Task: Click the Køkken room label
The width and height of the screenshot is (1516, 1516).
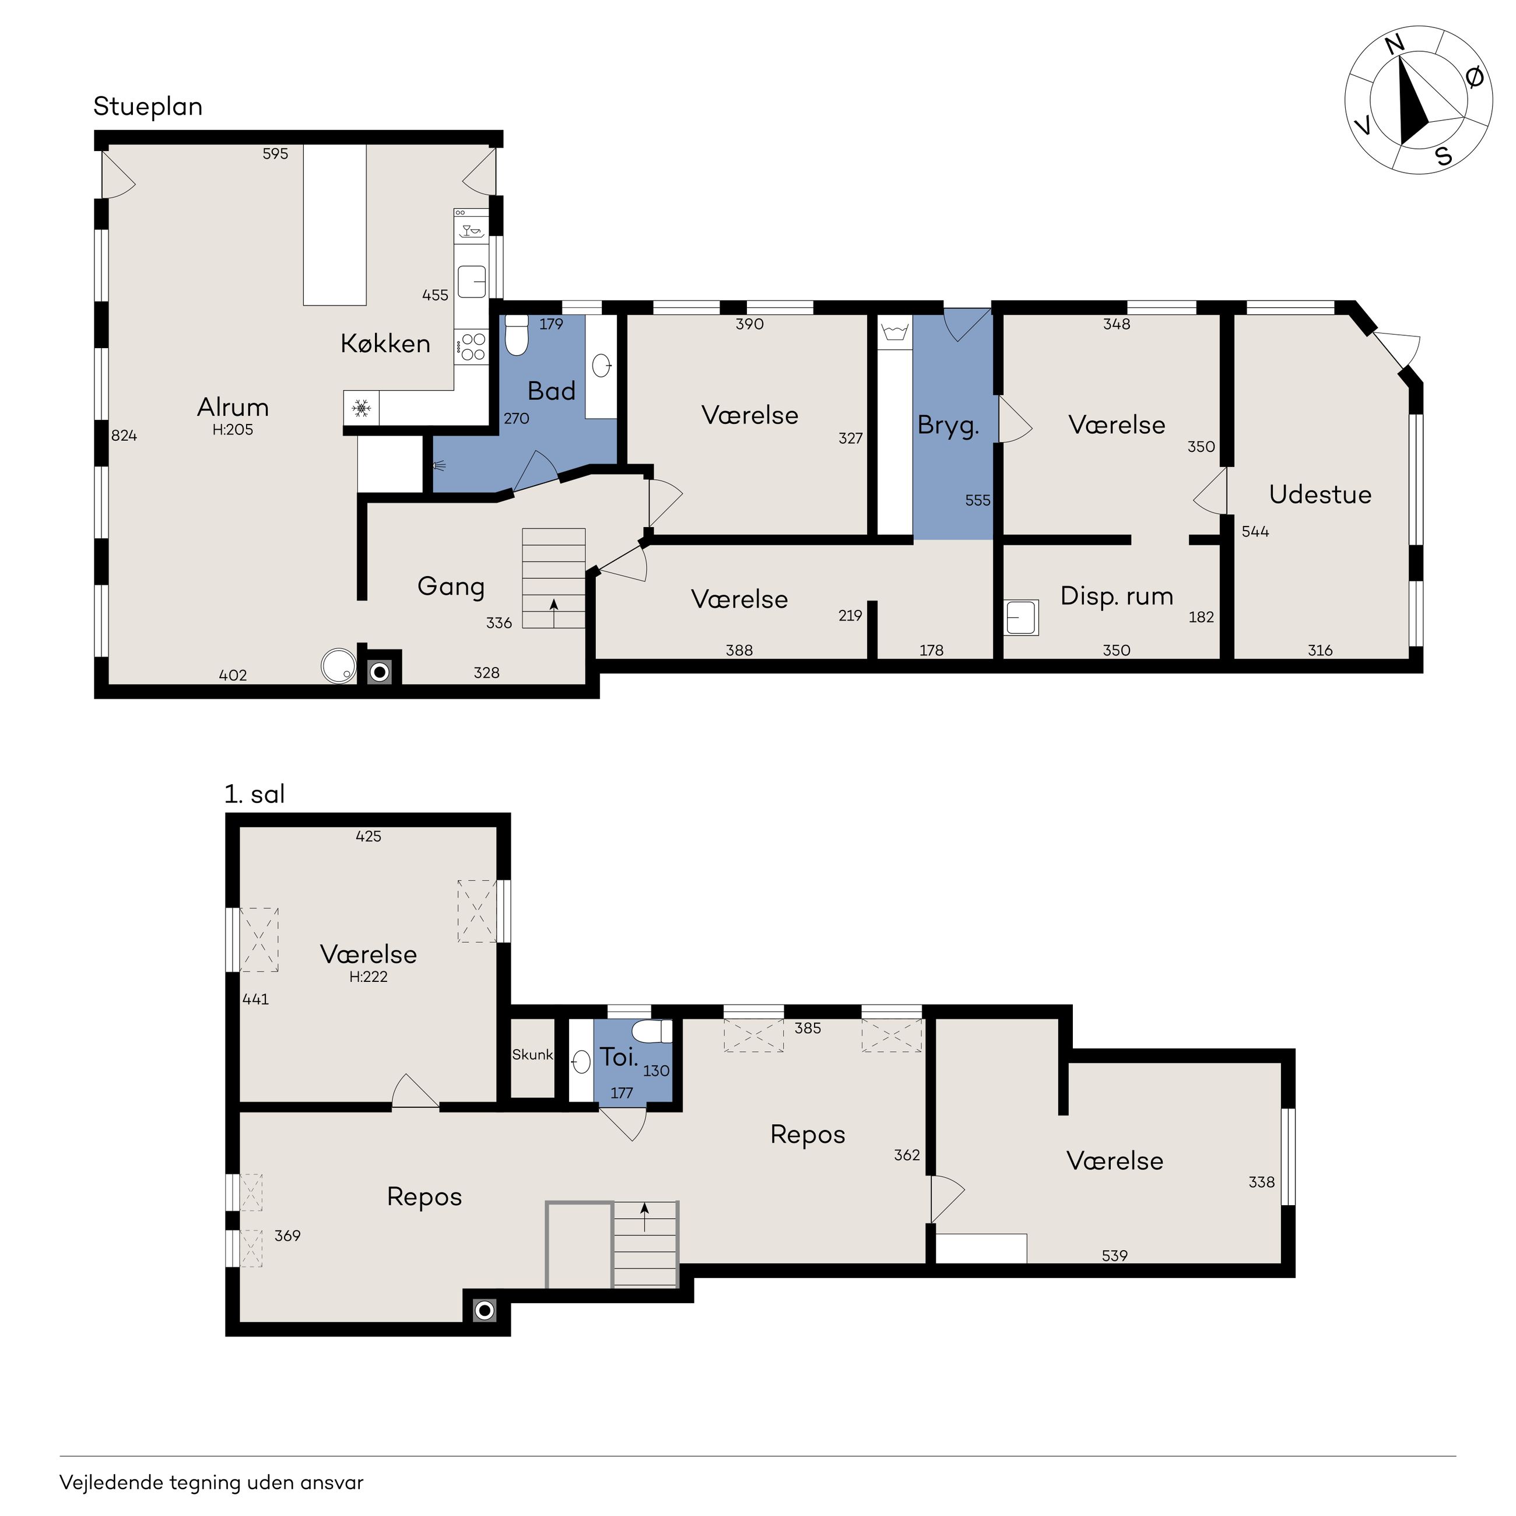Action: (x=385, y=343)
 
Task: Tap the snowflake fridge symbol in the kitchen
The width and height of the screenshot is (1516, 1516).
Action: (x=361, y=408)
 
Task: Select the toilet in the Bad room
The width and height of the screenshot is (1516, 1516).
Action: (x=517, y=335)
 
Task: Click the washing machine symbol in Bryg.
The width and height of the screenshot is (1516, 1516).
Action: (x=894, y=333)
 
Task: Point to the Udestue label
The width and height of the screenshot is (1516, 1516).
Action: (x=1320, y=494)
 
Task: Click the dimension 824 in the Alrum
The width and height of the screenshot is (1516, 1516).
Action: (x=124, y=436)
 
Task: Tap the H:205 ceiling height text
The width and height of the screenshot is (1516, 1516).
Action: (x=233, y=430)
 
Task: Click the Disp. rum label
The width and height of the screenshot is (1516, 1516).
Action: (x=1117, y=596)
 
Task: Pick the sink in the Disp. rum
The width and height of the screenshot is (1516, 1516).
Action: (x=1022, y=617)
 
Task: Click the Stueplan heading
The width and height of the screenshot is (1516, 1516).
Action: (x=148, y=107)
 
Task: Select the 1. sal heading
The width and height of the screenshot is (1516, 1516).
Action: (x=254, y=794)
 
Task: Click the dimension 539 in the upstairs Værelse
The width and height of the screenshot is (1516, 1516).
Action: (x=1114, y=1255)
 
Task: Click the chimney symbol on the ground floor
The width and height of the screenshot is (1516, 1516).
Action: (x=380, y=672)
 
